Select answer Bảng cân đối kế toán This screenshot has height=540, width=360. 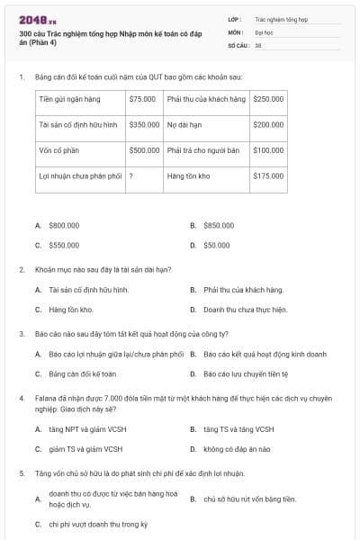(83, 373)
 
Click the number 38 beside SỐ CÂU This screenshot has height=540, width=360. (258, 44)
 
